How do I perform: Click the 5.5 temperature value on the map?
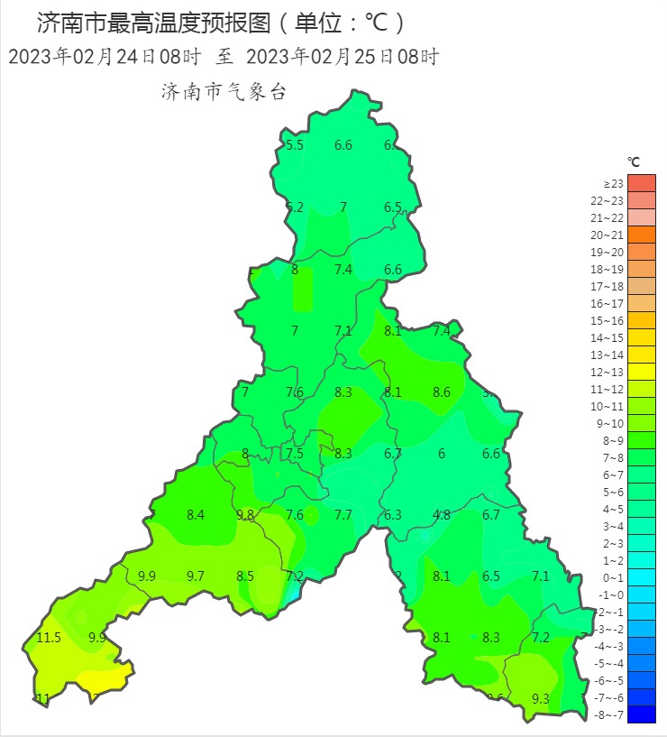[295, 145]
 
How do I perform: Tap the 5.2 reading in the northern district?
[295, 207]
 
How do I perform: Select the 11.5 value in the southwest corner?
[50, 638]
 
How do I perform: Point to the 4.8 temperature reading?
[442, 515]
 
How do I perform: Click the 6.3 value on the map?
[393, 515]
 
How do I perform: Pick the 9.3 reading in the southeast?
[541, 698]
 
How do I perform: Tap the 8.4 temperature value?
[196, 515]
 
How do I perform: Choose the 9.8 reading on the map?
[245, 515]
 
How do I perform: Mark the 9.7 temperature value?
[196, 576]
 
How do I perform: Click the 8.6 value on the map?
[442, 392]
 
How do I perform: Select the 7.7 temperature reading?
[343, 515]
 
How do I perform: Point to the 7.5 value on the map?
[295, 454]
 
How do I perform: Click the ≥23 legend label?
[614, 183]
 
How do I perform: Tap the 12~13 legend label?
[614, 372]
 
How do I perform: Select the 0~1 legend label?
[614, 577]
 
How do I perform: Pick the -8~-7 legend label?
[612, 714]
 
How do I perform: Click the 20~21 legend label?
[614, 235]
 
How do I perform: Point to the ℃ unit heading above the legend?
[634, 162]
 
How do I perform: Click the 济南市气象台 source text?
[223, 92]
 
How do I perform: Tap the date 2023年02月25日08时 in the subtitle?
[342, 57]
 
